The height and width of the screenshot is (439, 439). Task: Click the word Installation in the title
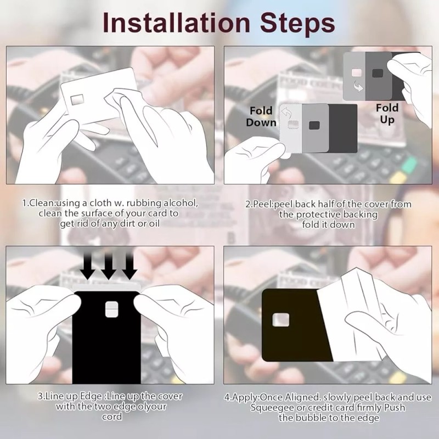click(176, 22)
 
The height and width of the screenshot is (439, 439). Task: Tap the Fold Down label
click(261, 116)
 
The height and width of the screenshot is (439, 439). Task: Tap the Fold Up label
click(387, 114)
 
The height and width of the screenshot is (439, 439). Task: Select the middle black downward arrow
click(109, 265)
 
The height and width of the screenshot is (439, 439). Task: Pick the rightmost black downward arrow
click(130, 265)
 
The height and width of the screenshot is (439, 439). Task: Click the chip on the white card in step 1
click(77, 99)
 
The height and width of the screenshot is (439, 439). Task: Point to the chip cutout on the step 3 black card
click(111, 309)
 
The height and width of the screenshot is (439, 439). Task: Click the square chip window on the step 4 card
click(281, 320)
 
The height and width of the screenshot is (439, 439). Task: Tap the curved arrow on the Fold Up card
click(358, 86)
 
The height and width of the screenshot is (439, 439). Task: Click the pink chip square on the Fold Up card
click(356, 73)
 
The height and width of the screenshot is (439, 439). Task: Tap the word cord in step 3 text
click(112, 417)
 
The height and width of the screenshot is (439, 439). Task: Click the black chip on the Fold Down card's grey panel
click(314, 125)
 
